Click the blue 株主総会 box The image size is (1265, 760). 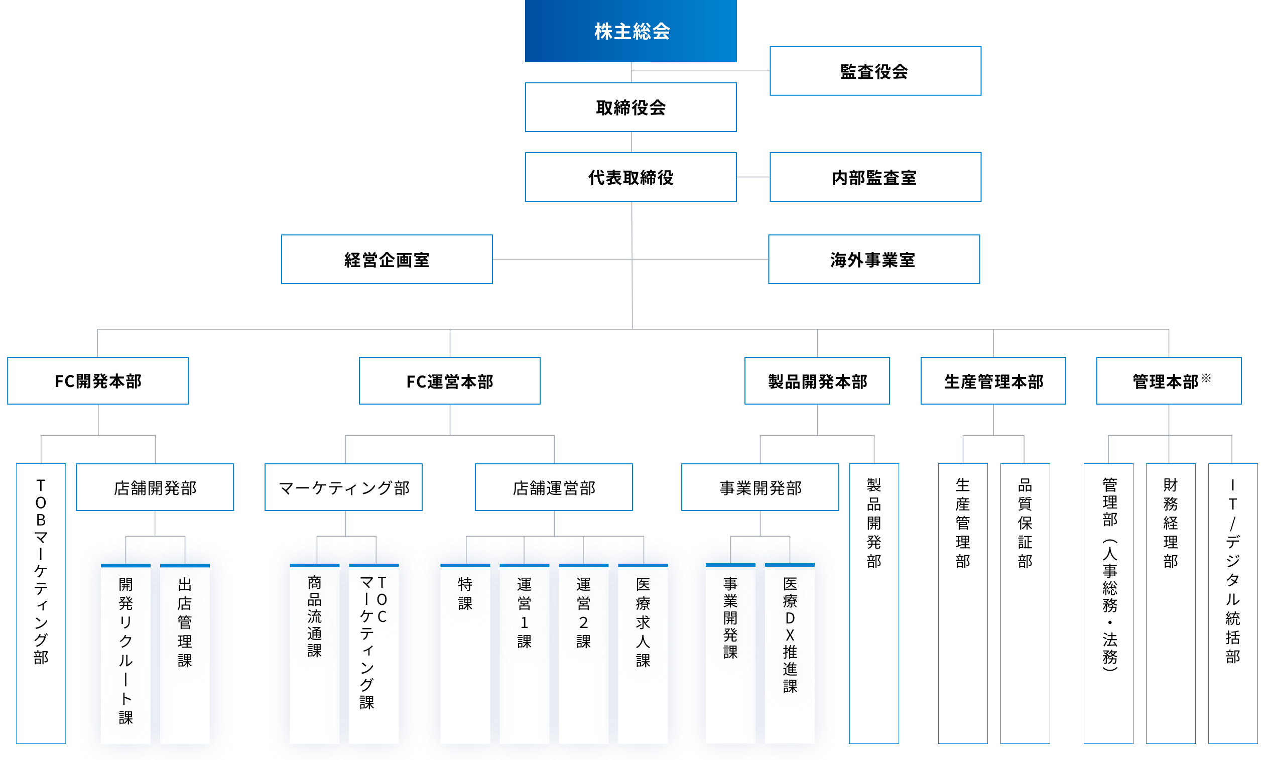630,31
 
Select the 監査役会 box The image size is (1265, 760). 875,71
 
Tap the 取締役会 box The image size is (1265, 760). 630,107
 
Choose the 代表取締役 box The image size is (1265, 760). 630,177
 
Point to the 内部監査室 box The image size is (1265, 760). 875,177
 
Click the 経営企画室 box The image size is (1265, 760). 387,260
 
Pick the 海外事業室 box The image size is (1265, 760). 873,260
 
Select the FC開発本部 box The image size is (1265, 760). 98,381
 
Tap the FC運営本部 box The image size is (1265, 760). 449,381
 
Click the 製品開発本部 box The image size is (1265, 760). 817,381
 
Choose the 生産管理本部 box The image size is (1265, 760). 993,381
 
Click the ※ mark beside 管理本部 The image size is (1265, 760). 1206,378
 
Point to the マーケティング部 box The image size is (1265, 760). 343,487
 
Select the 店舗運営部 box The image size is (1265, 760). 554,487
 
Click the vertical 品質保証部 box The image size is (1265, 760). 1025,603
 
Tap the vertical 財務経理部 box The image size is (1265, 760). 1170,603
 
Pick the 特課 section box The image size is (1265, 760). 465,654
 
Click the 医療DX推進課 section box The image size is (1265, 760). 790,654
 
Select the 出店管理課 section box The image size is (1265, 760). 184,654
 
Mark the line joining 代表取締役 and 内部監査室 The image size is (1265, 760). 753,177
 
